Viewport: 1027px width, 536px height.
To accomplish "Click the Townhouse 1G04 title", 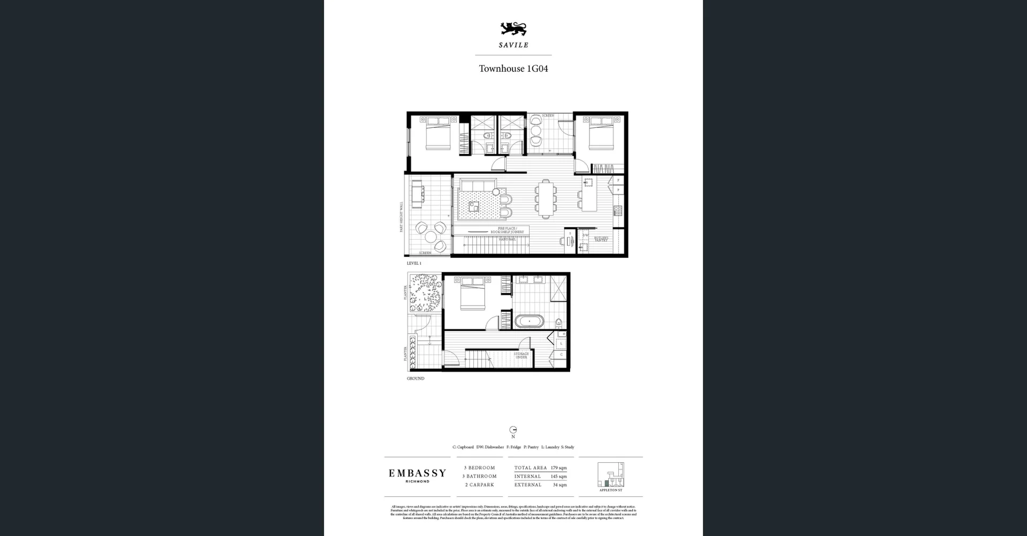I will (513, 68).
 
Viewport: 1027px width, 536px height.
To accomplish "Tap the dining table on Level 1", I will (546, 199).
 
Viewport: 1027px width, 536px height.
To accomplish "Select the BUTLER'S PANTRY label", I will (601, 239).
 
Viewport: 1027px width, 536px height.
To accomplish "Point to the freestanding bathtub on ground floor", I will (530, 322).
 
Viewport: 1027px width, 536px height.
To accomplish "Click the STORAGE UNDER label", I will (521, 355).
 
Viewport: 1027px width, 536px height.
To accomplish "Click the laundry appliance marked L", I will (561, 343).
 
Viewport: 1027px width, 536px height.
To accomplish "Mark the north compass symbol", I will (513, 430).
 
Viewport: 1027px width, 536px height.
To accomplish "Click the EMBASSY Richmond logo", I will (417, 475).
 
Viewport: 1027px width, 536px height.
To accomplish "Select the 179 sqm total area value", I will (558, 468).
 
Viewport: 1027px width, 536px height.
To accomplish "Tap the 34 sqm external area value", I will (560, 485).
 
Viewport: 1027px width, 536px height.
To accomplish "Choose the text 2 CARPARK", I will (479, 485).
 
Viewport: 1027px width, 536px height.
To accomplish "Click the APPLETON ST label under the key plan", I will (610, 491).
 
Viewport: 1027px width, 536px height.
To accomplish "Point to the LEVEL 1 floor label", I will (414, 263).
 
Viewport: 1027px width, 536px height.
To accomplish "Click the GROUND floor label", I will (416, 378).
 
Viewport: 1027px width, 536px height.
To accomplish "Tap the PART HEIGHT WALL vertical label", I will (401, 217).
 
